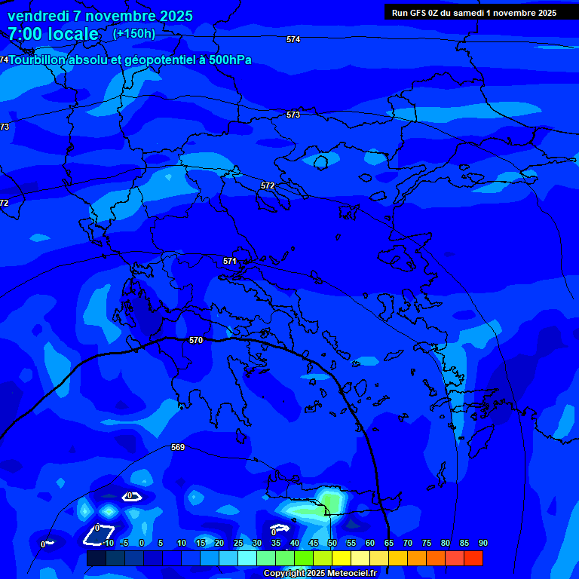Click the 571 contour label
pos(230,261)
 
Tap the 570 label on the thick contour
pos(196,340)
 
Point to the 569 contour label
pos(178,447)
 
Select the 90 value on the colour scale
pos(482,543)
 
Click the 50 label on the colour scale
pos(332,543)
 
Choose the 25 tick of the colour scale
pos(238,543)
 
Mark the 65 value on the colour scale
pos(389,543)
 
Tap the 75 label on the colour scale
pos(427,543)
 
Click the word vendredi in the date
pos(38,16)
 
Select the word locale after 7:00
pos(72,34)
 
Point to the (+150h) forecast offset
pos(134,33)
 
